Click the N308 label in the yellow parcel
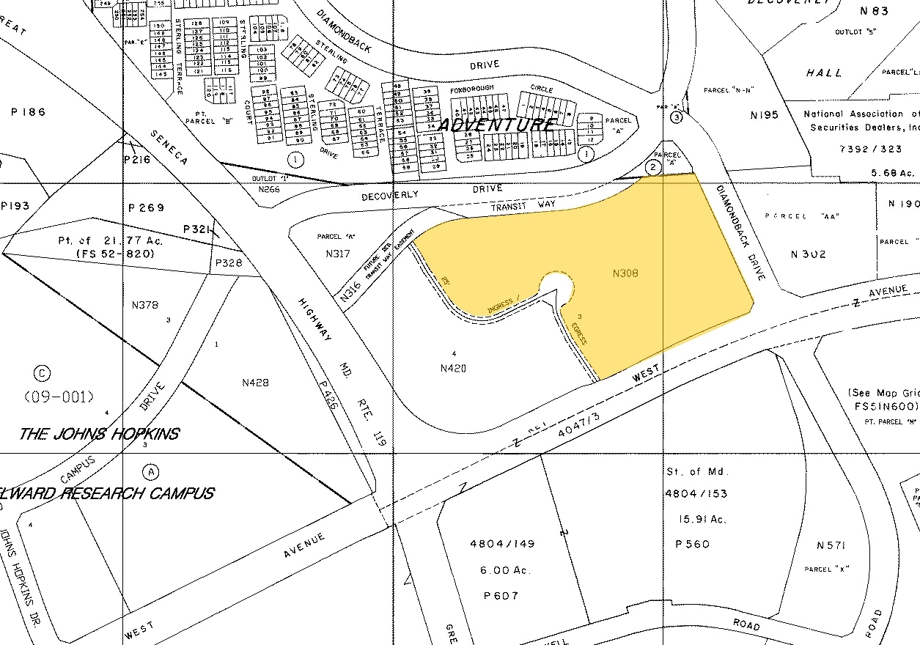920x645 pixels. tap(625, 273)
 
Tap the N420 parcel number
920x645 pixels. tap(453, 368)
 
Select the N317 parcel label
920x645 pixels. tap(337, 254)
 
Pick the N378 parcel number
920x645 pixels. tap(144, 305)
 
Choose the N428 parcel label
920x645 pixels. tap(255, 383)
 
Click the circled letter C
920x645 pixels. tap(43, 373)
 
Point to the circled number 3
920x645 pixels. tap(676, 117)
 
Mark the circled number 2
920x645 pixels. tap(652, 166)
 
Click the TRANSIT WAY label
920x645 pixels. tap(523, 206)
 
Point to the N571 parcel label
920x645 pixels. tap(831, 546)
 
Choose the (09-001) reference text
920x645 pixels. tap(59, 397)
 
